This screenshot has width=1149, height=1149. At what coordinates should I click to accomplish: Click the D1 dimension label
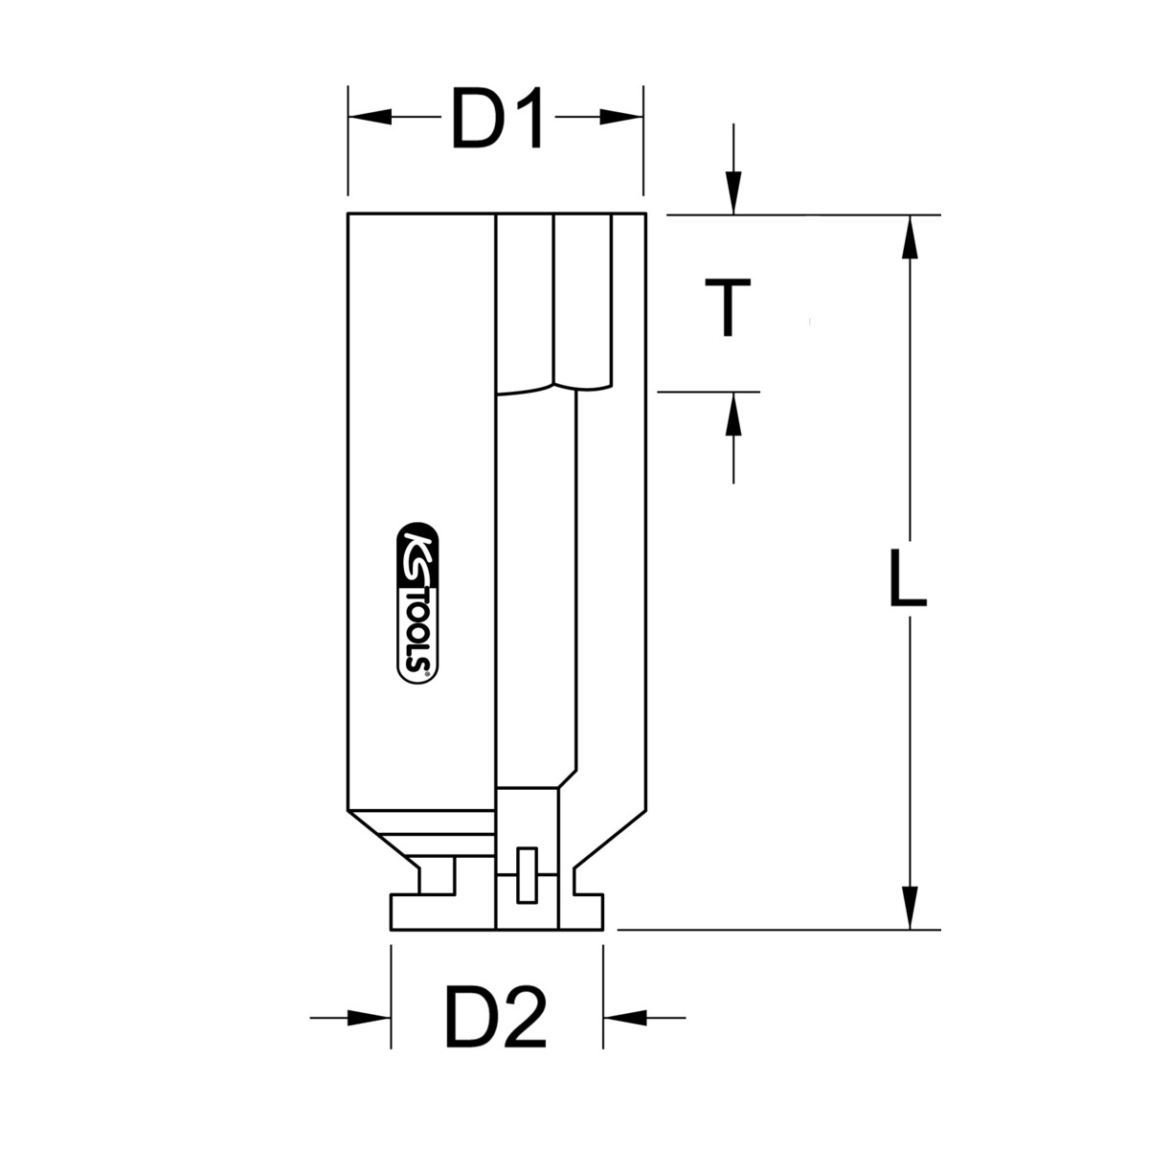click(x=497, y=118)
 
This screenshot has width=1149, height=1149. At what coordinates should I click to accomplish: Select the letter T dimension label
click(x=728, y=307)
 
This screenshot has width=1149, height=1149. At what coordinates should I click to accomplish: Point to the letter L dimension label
click(x=908, y=578)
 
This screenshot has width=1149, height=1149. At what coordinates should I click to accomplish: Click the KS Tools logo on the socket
click(x=417, y=603)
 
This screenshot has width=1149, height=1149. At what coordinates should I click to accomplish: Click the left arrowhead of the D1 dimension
click(x=370, y=117)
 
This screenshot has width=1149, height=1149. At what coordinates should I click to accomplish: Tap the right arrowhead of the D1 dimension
click(x=621, y=117)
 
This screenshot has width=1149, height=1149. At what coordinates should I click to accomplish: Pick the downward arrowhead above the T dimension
click(x=733, y=192)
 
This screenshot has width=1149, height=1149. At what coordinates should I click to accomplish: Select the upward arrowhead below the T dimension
click(x=733, y=414)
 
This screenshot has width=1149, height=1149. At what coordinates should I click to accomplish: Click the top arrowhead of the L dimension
click(x=910, y=237)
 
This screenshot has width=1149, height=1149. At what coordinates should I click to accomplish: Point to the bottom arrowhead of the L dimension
click(x=910, y=908)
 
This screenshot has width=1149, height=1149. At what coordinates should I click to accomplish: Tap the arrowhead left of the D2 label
click(x=369, y=1018)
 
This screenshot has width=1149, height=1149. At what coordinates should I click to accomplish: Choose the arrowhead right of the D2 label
click(x=625, y=1018)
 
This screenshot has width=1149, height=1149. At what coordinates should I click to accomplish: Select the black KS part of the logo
click(x=417, y=553)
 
